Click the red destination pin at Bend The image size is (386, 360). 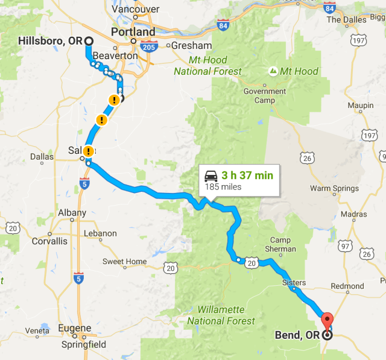[x=327, y=319]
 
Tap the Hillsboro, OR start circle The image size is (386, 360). [x=89, y=41]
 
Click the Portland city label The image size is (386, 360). [x=133, y=31]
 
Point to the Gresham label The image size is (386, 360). [x=191, y=45]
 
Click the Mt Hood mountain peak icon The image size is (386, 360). [x=273, y=71]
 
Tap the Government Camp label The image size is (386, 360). [x=264, y=96]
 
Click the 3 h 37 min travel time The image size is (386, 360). [x=247, y=175]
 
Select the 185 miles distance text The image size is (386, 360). [x=223, y=187]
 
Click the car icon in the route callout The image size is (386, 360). [x=211, y=176]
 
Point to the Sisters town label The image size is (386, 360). [x=294, y=282]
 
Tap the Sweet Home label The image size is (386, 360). [x=124, y=261]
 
